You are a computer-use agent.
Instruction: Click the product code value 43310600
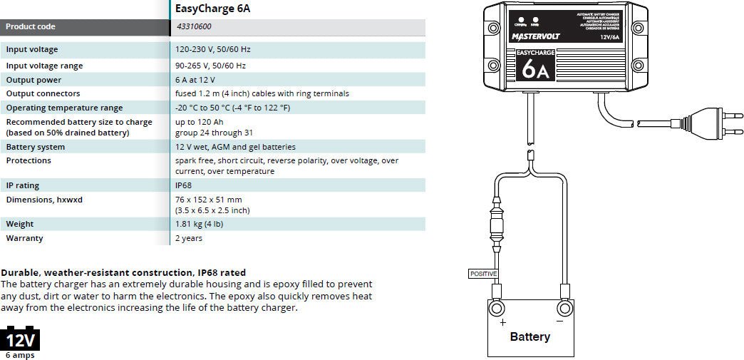194,27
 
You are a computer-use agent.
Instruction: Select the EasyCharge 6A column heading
212,9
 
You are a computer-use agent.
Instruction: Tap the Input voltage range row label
44,66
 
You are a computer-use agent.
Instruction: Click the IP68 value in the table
184,185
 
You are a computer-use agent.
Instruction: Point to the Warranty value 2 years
189,238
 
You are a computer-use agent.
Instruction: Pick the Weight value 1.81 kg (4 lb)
206,224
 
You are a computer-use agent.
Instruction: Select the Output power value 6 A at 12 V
195,80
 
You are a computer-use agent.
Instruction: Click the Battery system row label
36,147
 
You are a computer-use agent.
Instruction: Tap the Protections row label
29,160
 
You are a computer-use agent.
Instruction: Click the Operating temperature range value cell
232,108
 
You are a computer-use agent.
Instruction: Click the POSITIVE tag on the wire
482,273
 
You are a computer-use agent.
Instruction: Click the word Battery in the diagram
529,336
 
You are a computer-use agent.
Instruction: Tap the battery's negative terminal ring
564,309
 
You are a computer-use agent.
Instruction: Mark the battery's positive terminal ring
496,309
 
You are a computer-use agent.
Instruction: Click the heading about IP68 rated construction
123,272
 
